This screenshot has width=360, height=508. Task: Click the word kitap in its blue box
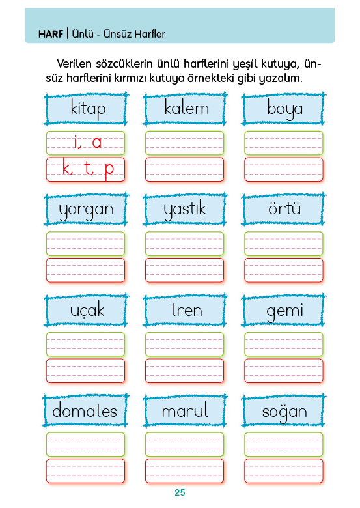[88, 109]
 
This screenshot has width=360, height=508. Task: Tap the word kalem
[186, 107]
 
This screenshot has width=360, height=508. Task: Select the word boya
[285, 109]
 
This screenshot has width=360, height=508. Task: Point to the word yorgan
[86, 210]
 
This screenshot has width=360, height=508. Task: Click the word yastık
[184, 209]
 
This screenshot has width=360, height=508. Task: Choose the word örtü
[284, 208]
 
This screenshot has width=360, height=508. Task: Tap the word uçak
[87, 310]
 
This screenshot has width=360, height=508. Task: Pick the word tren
[186, 310]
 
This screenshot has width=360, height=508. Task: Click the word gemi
[285, 311]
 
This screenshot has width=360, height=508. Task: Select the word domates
[85, 410]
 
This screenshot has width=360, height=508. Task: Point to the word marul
[185, 410]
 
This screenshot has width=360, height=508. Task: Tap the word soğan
[284, 412]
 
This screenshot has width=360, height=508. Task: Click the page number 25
[180, 492]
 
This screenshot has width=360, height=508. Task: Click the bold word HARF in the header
[51, 34]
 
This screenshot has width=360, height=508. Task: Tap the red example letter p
[109, 170]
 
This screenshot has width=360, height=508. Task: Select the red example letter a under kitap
[97, 143]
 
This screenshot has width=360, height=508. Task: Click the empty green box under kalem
[184, 143]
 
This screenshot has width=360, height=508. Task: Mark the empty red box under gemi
[284, 371]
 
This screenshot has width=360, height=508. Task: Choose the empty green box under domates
[85, 444]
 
